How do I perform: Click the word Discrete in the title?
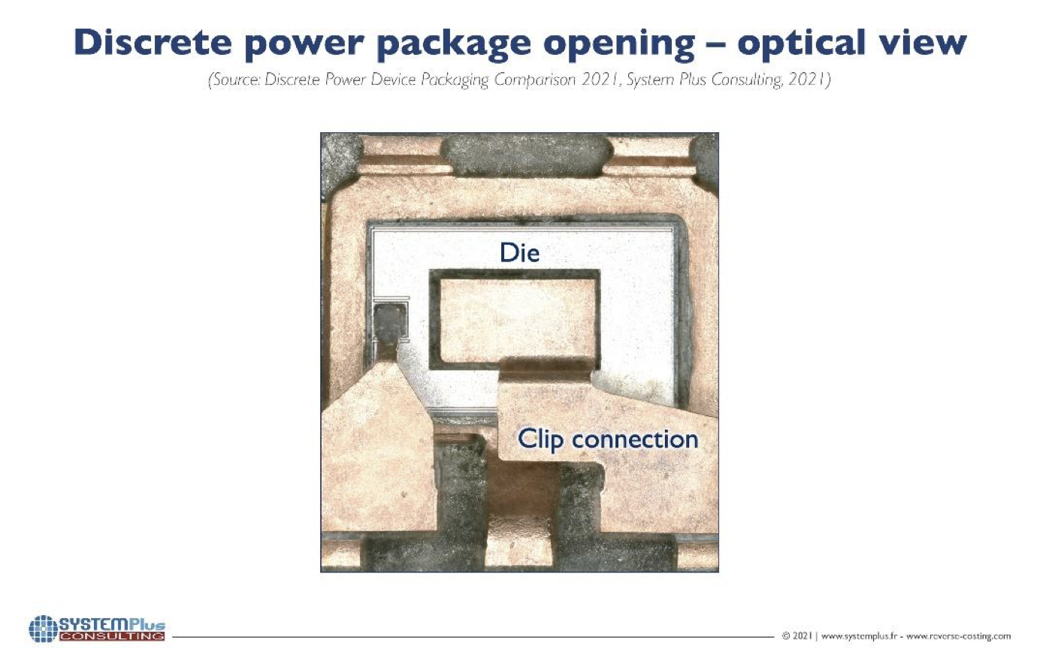153,43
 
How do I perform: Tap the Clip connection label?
608,440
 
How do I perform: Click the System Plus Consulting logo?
97,629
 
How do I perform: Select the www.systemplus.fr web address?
859,636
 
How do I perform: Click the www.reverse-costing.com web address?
958,636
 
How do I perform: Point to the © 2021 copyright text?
797,636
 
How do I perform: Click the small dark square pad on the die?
390,321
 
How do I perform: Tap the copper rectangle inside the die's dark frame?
518,321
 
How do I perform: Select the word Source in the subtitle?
234,80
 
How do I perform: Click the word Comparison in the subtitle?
535,80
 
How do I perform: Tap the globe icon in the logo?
43,629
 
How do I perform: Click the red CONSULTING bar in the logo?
113,636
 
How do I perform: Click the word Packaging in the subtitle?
455,80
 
